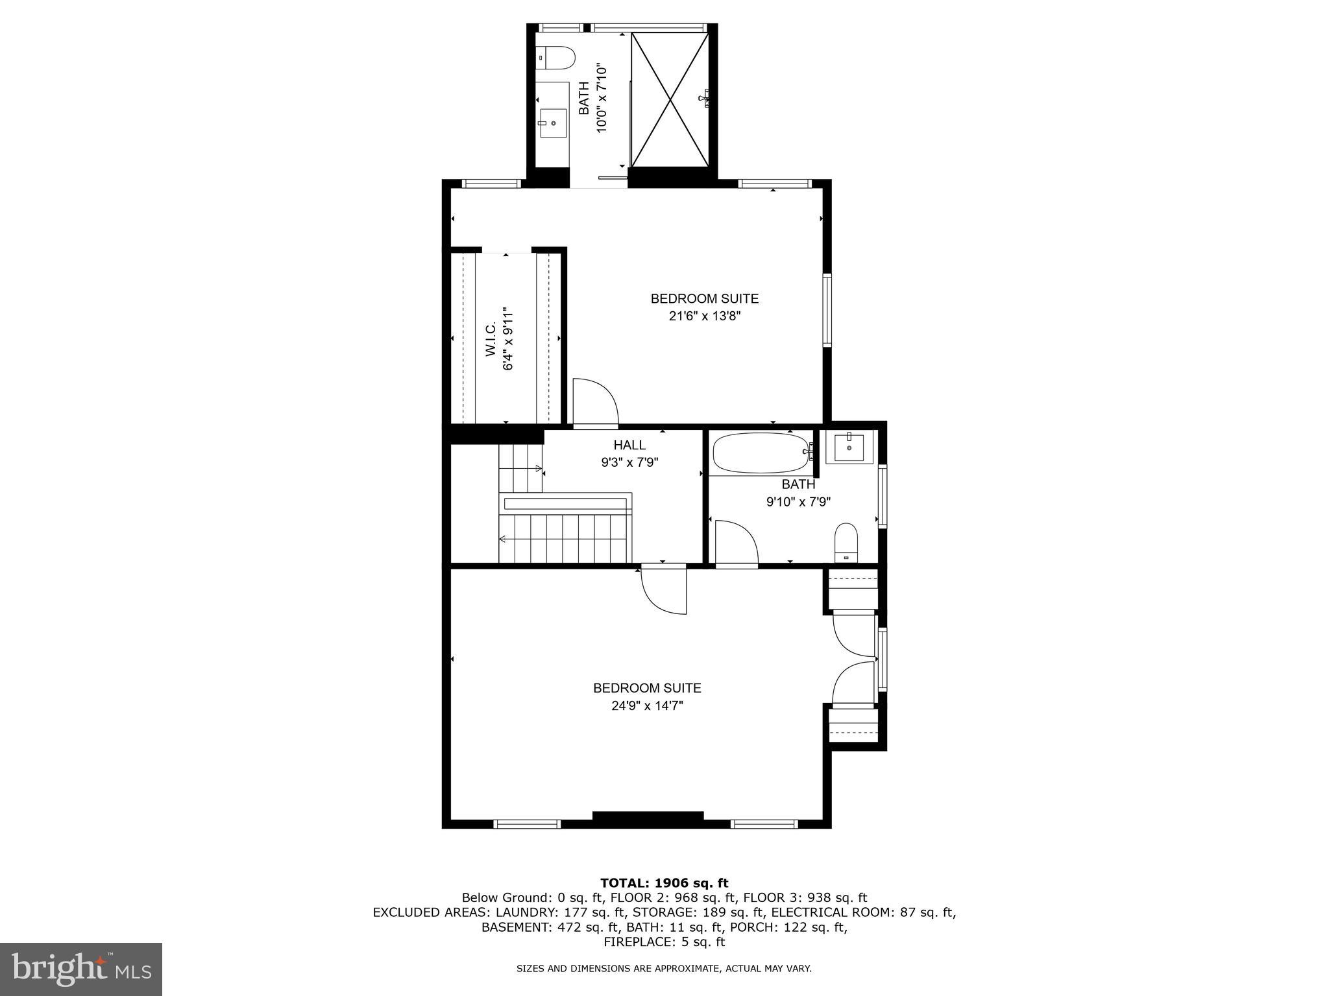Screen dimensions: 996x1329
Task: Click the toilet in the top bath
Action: tap(555, 58)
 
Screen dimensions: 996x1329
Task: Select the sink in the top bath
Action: tap(553, 122)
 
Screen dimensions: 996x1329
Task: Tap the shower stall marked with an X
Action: tap(670, 99)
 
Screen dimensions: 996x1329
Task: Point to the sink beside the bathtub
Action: tap(849, 447)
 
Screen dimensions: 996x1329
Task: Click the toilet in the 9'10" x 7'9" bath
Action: tap(846, 542)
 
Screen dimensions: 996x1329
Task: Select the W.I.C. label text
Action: tap(491, 338)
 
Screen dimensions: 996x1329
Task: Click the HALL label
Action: tap(629, 445)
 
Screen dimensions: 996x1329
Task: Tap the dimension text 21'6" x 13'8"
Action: tap(705, 316)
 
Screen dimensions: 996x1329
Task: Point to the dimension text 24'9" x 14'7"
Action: tap(647, 705)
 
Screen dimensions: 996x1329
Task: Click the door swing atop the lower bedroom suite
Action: tap(663, 590)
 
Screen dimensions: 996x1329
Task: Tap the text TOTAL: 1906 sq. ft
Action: tap(664, 883)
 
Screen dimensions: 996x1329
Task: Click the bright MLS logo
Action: tap(81, 969)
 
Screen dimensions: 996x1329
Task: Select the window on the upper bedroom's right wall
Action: tap(827, 310)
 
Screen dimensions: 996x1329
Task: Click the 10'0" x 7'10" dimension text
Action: tap(602, 99)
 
